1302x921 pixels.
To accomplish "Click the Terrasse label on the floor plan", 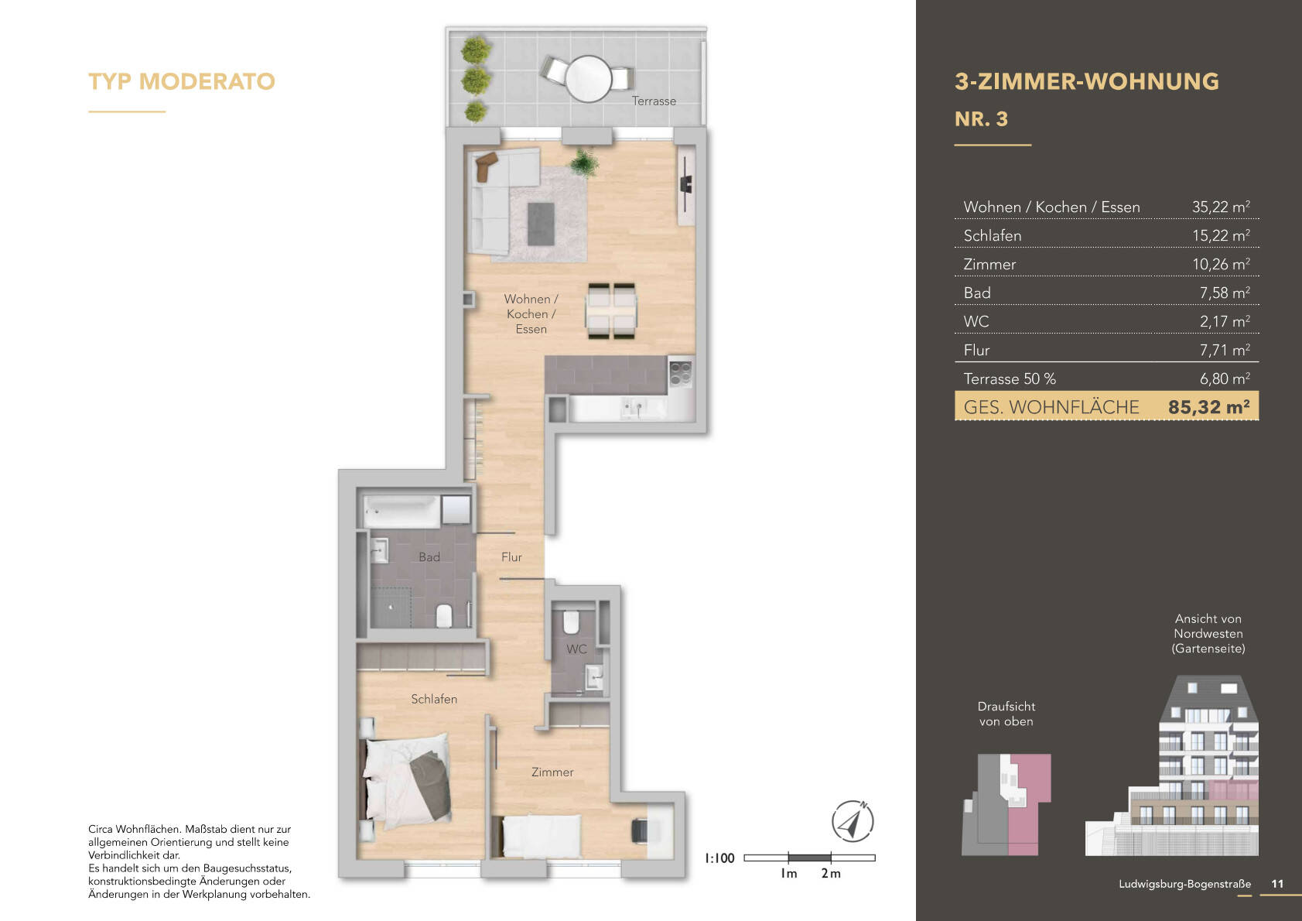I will (x=654, y=101).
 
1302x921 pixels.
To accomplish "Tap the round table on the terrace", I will (x=589, y=78).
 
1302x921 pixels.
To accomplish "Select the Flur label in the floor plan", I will (x=511, y=557).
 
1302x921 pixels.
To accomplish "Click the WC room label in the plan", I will (x=576, y=649).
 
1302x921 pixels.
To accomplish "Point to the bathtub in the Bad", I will (x=402, y=511).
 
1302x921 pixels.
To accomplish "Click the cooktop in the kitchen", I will (x=680, y=373).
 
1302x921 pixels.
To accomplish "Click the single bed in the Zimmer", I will (x=541, y=835).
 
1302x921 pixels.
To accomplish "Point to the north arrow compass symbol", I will (x=853, y=821).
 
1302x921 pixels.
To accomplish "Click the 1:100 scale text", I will (x=719, y=858).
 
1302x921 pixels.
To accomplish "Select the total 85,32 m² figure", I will (x=1208, y=407).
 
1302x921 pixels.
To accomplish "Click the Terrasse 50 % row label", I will (x=1009, y=379).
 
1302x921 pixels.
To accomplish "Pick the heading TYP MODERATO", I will (x=182, y=81).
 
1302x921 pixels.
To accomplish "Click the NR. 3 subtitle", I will (x=981, y=119).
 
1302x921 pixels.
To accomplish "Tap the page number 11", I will (x=1277, y=884).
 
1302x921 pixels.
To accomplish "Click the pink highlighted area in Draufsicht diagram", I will (x=1029, y=820).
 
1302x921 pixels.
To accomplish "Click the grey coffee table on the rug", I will (x=541, y=223).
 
